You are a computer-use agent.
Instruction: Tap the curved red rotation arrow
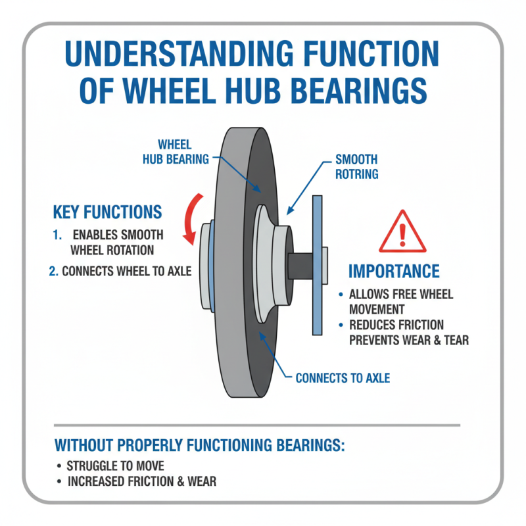[191, 215]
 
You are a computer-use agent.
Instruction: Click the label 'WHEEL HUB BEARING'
[176, 151]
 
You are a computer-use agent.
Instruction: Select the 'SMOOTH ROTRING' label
[356, 167]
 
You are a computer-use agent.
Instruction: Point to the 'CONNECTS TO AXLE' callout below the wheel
[343, 378]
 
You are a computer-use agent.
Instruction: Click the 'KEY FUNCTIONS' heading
[107, 212]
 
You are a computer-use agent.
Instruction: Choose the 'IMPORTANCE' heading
[394, 272]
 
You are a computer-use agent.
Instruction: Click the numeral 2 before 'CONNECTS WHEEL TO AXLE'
[53, 271]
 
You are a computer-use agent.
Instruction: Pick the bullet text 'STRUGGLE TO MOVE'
[116, 466]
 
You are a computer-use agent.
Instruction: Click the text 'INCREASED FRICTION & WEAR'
[141, 481]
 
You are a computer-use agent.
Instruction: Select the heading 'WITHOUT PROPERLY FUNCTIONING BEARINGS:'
[199, 445]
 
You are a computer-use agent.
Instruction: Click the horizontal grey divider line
[256, 425]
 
